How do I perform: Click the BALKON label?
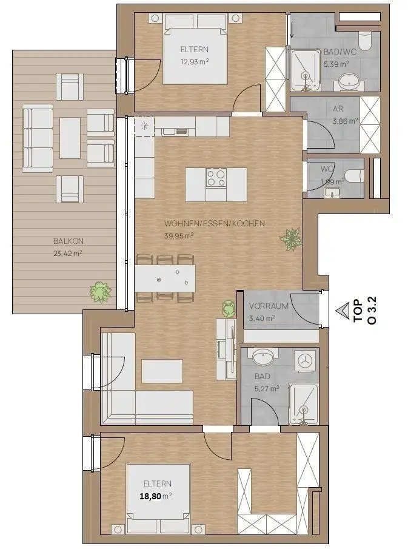coord(69,241)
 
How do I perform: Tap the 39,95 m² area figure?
coord(179,235)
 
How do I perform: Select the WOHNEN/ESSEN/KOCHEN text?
coord(215,223)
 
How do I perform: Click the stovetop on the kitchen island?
coord(216,178)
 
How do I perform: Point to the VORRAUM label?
coord(269,306)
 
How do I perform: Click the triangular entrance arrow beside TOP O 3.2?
coord(343,311)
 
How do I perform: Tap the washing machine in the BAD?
coord(306,360)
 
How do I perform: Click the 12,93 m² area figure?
coord(195,62)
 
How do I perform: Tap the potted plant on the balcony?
coord(101,291)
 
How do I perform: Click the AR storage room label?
coord(338,109)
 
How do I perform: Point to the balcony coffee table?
coord(70,138)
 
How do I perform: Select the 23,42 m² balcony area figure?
coord(67,254)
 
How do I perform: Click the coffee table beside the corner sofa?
coord(162,371)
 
